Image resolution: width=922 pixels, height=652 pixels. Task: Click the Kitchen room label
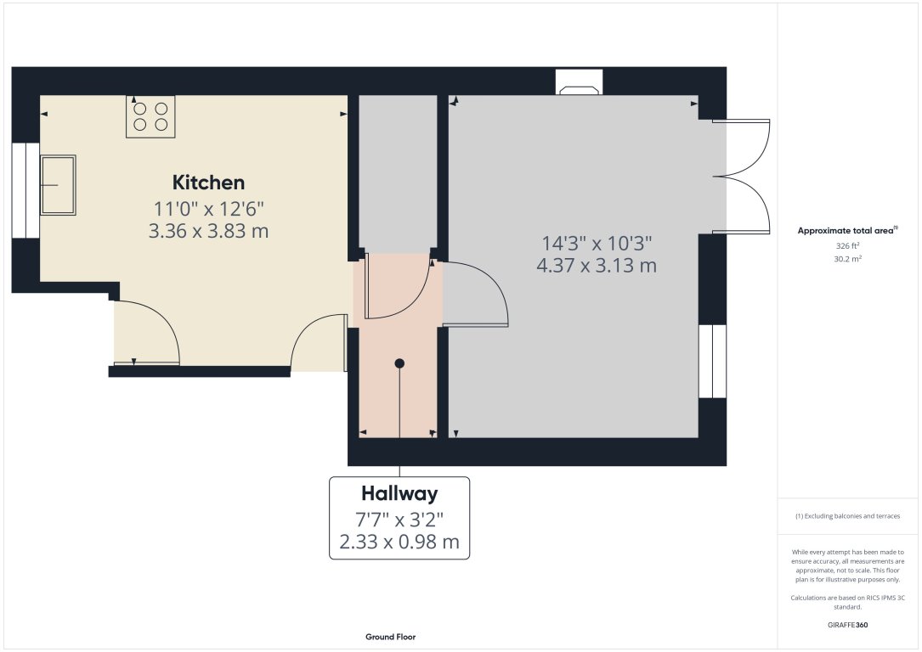click(x=208, y=183)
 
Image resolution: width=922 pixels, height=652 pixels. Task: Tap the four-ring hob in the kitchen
click(x=150, y=116)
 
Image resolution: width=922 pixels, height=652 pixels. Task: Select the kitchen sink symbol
click(x=58, y=184)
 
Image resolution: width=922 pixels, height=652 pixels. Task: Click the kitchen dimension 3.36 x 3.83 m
click(x=208, y=230)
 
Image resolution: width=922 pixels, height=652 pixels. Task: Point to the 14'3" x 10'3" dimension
click(x=596, y=243)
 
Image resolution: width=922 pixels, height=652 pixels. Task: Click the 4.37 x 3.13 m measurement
click(x=596, y=265)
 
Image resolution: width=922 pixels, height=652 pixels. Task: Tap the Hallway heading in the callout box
click(x=399, y=493)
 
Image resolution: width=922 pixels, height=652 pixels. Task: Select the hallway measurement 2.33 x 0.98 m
click(x=399, y=542)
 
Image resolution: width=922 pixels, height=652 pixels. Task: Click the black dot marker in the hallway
click(x=399, y=363)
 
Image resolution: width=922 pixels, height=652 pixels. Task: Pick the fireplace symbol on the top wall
click(x=580, y=84)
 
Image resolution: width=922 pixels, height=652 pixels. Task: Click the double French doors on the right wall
click(x=742, y=177)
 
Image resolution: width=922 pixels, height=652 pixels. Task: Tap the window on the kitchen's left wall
click(x=25, y=190)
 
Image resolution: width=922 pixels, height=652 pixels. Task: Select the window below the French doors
click(x=712, y=361)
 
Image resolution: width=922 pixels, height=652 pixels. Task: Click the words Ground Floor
click(x=390, y=637)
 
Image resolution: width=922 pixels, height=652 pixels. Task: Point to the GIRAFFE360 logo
click(x=848, y=626)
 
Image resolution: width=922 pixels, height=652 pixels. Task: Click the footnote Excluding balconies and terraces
click(x=847, y=516)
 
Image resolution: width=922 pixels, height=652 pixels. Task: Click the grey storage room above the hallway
click(x=398, y=170)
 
